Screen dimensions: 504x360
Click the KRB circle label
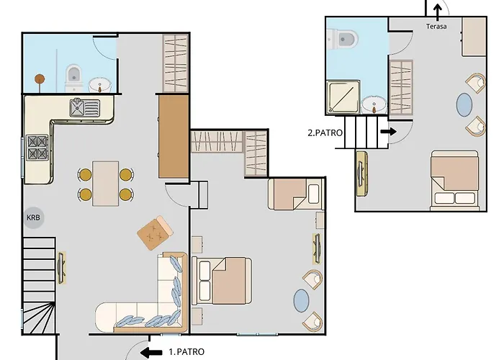point(33,217)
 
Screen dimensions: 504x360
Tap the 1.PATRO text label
point(186,352)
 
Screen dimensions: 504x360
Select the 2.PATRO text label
point(325,132)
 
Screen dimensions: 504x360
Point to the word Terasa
point(436,27)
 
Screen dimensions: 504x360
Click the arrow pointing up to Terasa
point(437,12)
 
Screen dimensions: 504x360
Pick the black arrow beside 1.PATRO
point(151,352)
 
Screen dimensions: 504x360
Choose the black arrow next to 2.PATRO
point(388,132)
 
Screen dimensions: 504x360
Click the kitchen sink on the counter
point(85,107)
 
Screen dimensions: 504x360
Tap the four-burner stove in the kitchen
point(37,148)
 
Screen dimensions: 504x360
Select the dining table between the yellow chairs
point(105,184)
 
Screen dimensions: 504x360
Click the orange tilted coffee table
point(155,233)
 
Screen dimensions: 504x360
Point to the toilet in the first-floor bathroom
point(74,78)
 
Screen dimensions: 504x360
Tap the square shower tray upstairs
point(343,97)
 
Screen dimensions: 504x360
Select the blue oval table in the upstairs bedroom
point(464,104)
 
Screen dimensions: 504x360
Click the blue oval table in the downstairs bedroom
point(301,300)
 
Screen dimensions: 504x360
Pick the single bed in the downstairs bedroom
point(295,194)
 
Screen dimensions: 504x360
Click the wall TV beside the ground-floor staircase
point(61,268)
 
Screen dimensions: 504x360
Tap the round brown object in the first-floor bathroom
point(40,78)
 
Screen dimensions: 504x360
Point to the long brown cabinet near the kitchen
point(174,136)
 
